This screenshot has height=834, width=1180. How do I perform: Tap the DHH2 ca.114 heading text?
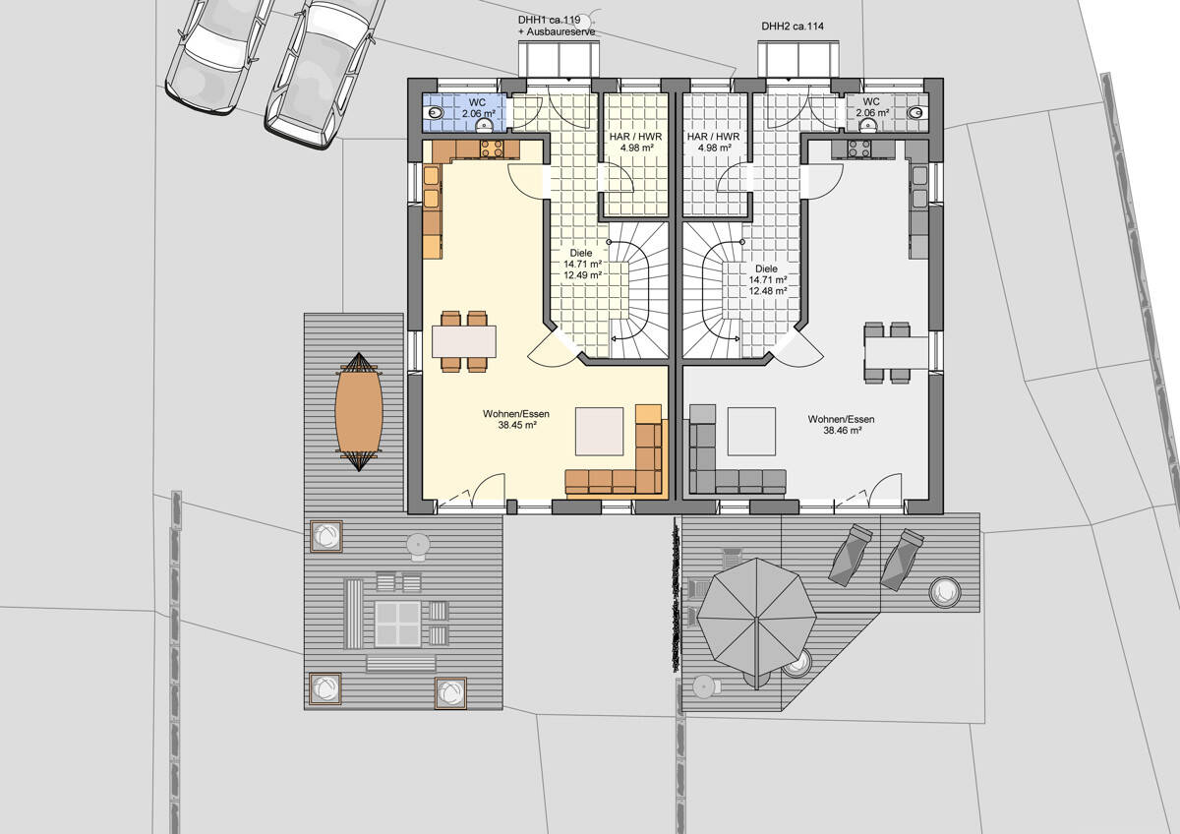(793, 26)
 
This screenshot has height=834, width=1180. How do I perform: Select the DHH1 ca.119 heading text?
(549, 20)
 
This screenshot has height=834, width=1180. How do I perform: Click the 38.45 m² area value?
(516, 426)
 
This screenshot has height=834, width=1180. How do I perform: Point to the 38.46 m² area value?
(841, 431)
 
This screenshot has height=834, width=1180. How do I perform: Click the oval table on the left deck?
(358, 411)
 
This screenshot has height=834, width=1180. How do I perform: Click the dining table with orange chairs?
(464, 341)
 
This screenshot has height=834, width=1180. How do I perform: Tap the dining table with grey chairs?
(895, 352)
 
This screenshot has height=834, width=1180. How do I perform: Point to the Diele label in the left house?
(581, 253)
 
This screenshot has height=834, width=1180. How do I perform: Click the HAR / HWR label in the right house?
(714, 138)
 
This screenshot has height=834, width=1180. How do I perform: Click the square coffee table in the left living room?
(599, 432)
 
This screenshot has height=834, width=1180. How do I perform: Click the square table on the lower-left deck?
(397, 623)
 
